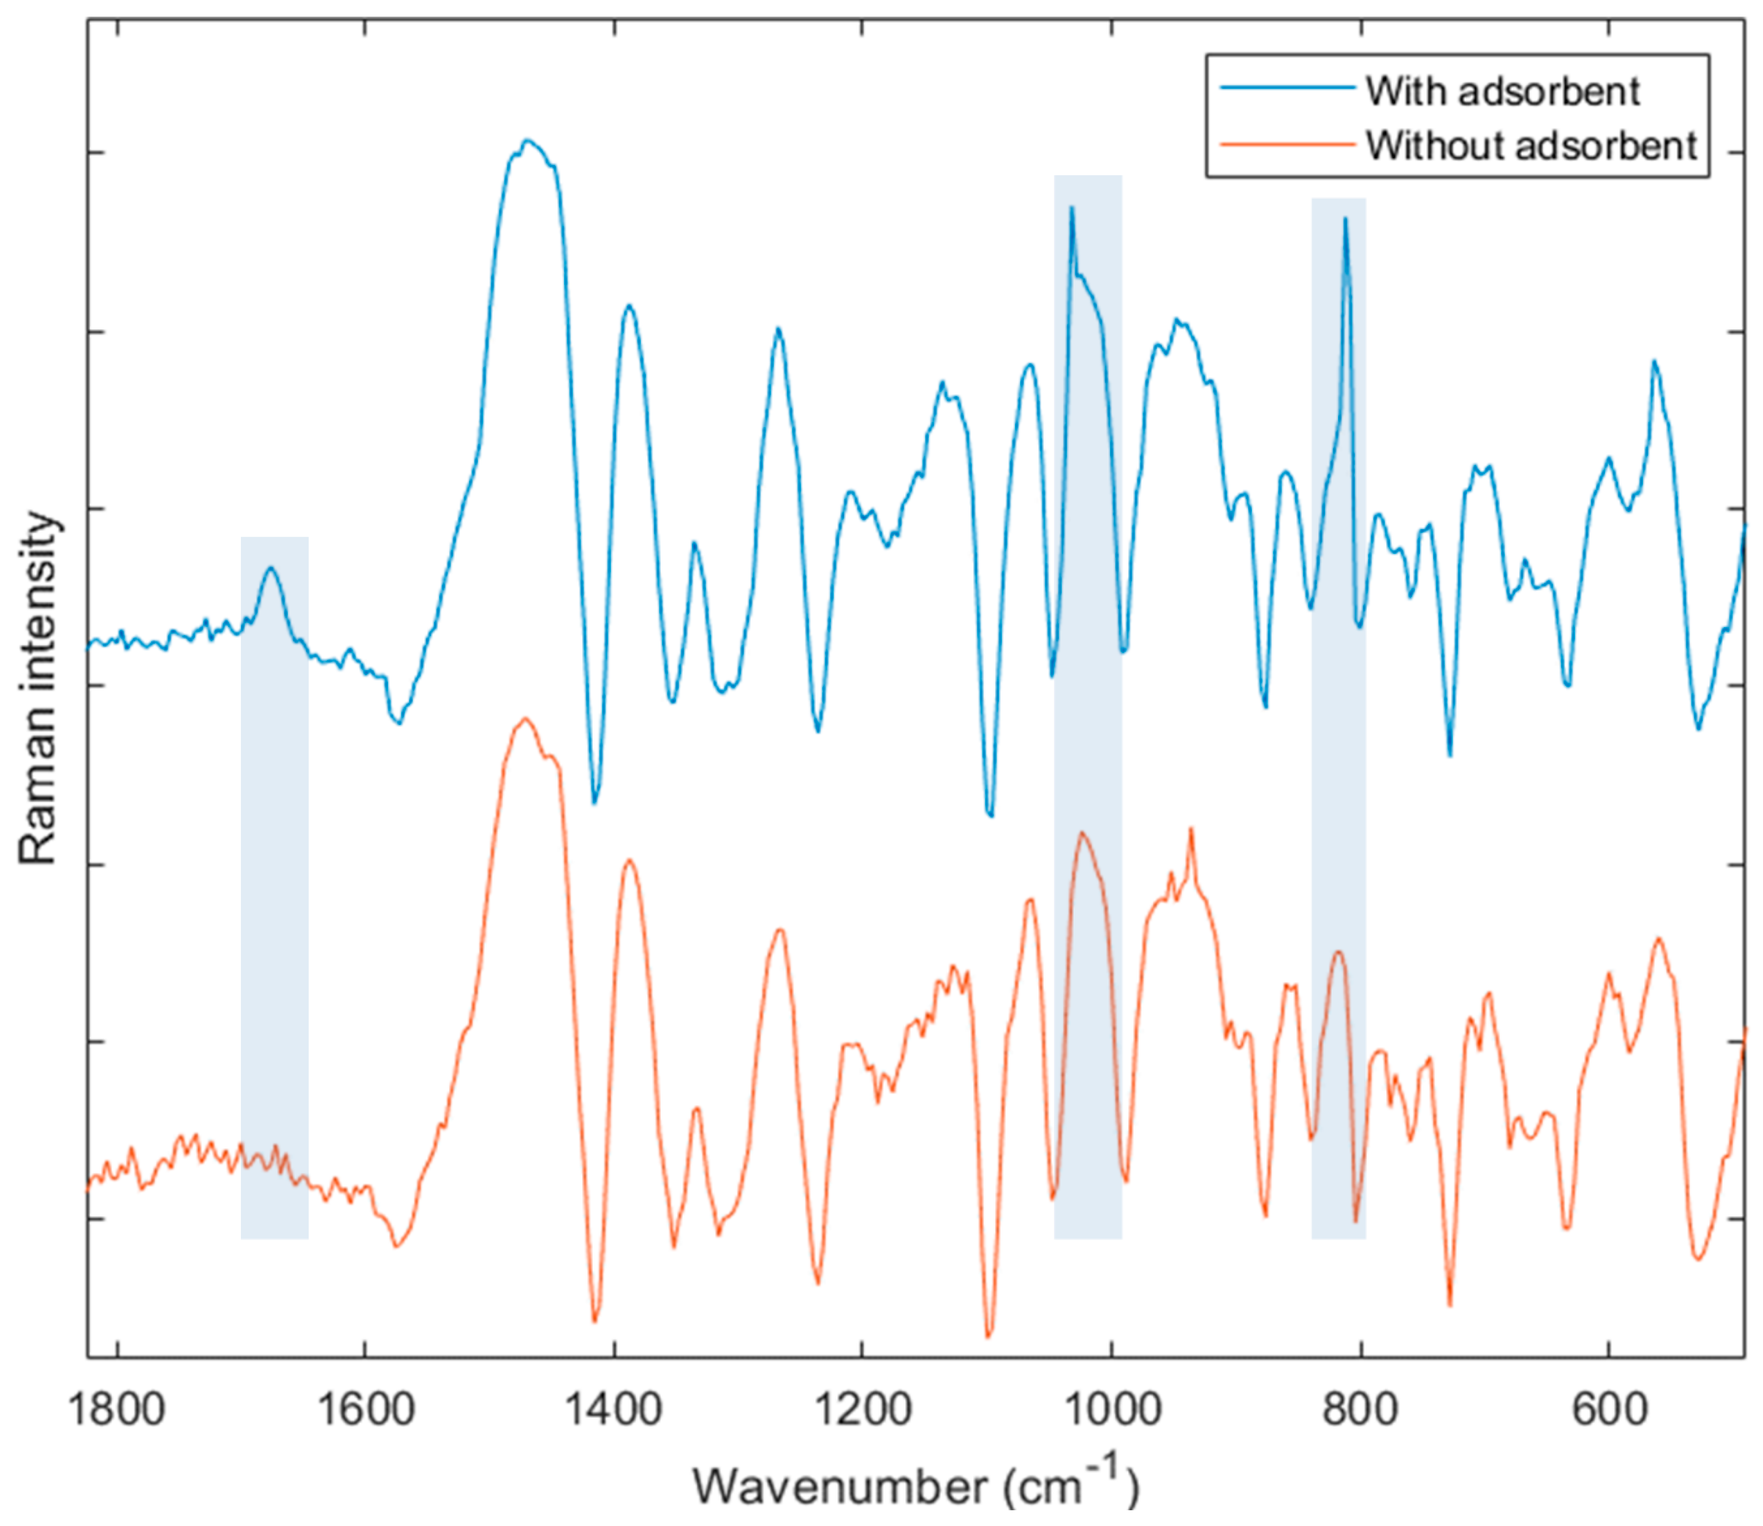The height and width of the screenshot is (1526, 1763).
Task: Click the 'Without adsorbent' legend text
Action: pyautogui.click(x=1531, y=146)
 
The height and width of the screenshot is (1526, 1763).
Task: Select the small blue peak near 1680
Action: pyautogui.click(x=272, y=568)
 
